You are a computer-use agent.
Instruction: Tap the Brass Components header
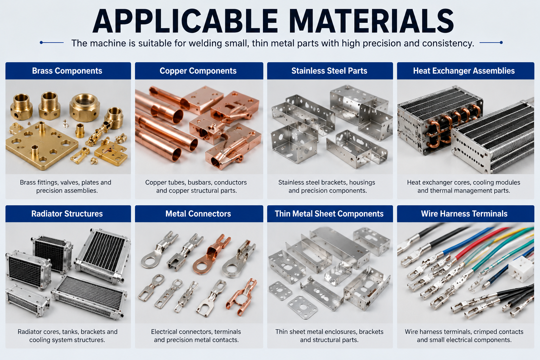tap(67, 71)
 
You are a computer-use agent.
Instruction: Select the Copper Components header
tap(198, 71)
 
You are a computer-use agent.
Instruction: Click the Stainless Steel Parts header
tap(329, 71)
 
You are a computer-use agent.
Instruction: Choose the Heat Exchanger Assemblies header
tap(464, 71)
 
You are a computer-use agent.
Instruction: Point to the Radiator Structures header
tap(67, 214)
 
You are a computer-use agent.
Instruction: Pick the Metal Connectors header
tap(198, 214)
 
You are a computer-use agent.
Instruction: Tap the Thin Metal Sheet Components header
tap(329, 214)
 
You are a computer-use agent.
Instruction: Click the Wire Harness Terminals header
tap(464, 214)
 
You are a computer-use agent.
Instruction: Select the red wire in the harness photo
tap(480, 244)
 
